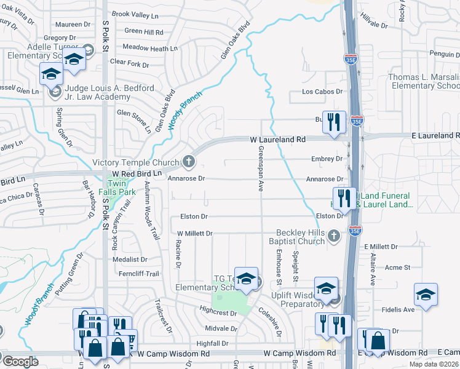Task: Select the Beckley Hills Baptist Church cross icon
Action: click(x=333, y=236)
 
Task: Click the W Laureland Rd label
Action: click(x=277, y=140)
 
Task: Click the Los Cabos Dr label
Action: click(x=320, y=92)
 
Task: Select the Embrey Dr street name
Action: click(x=327, y=159)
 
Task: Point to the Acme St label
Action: click(x=397, y=267)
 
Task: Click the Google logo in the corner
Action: click(x=20, y=361)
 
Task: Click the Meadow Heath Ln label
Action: click(x=149, y=48)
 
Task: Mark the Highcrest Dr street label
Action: click(x=218, y=312)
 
